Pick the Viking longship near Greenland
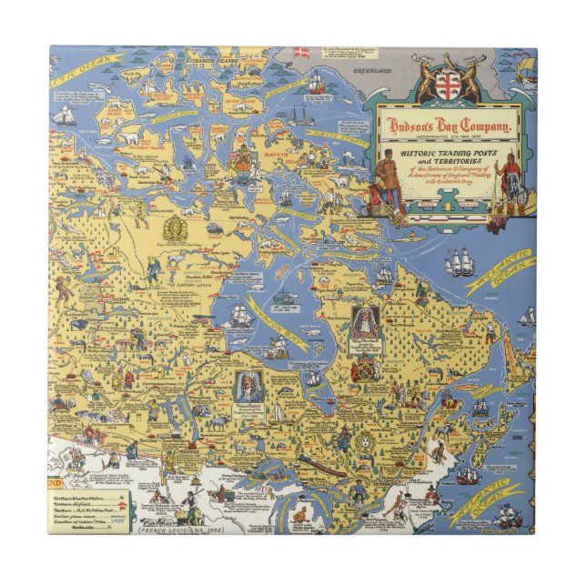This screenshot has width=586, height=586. point(525,68)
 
